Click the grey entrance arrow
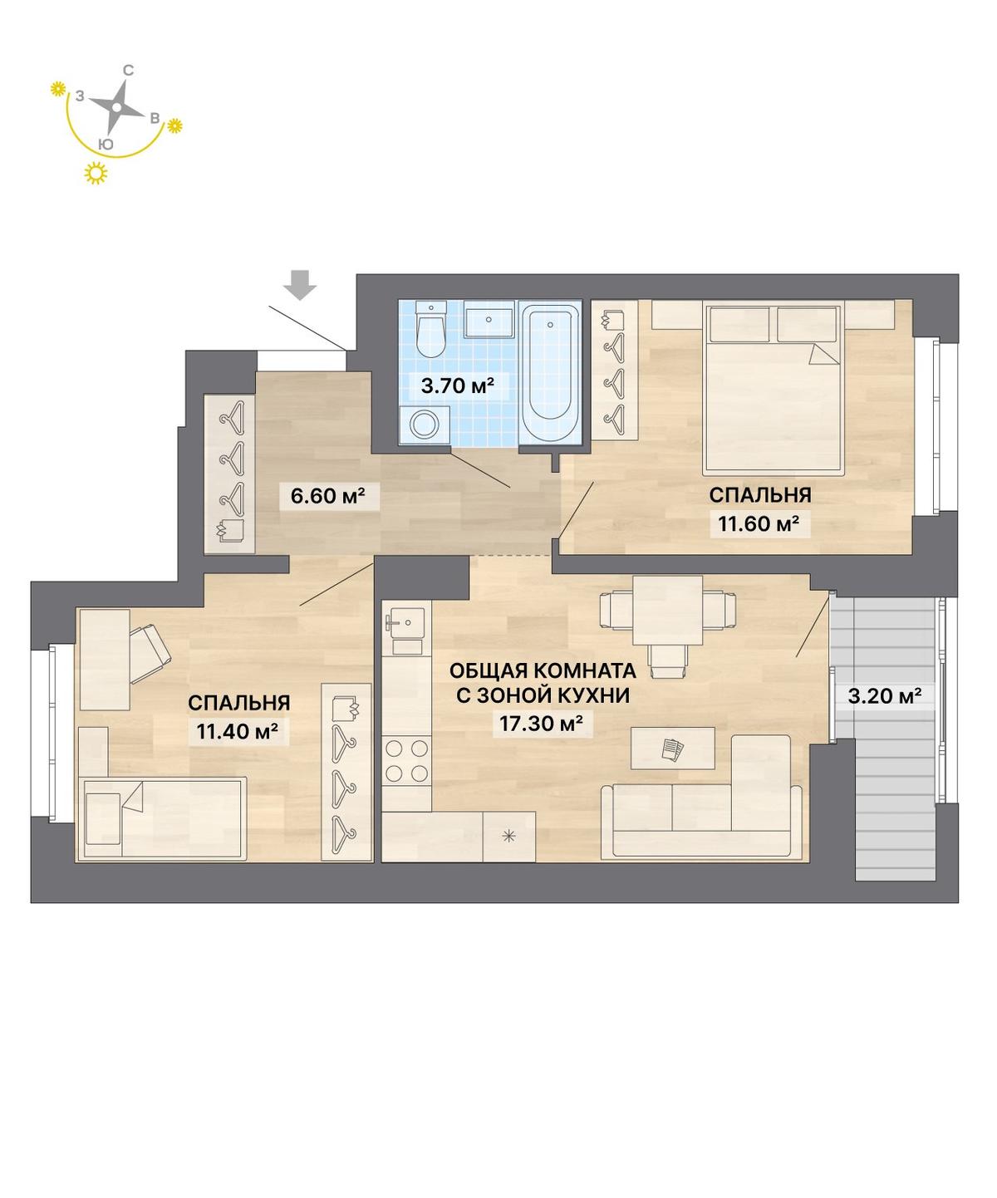[302, 285]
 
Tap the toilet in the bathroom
[430, 330]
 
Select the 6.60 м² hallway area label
[327, 494]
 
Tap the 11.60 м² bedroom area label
[759, 523]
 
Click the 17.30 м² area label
[541, 724]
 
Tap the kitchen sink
[405, 624]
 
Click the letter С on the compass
[129, 71]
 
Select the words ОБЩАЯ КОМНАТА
[543, 670]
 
